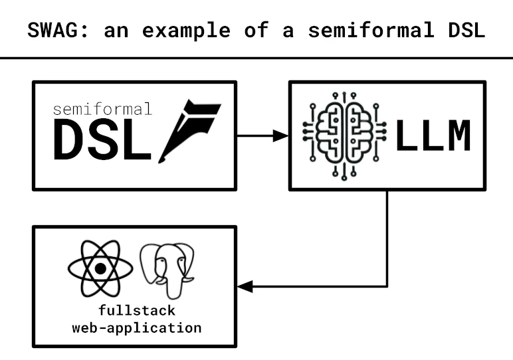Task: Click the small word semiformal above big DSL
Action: click(102, 108)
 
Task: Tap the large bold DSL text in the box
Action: click(102, 142)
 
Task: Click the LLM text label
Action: click(433, 137)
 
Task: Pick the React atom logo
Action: click(100, 268)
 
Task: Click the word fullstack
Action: click(136, 310)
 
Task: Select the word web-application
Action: click(136, 327)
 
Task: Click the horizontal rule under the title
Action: click(256, 58)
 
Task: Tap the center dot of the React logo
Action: click(100, 269)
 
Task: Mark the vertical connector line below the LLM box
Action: click(387, 239)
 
